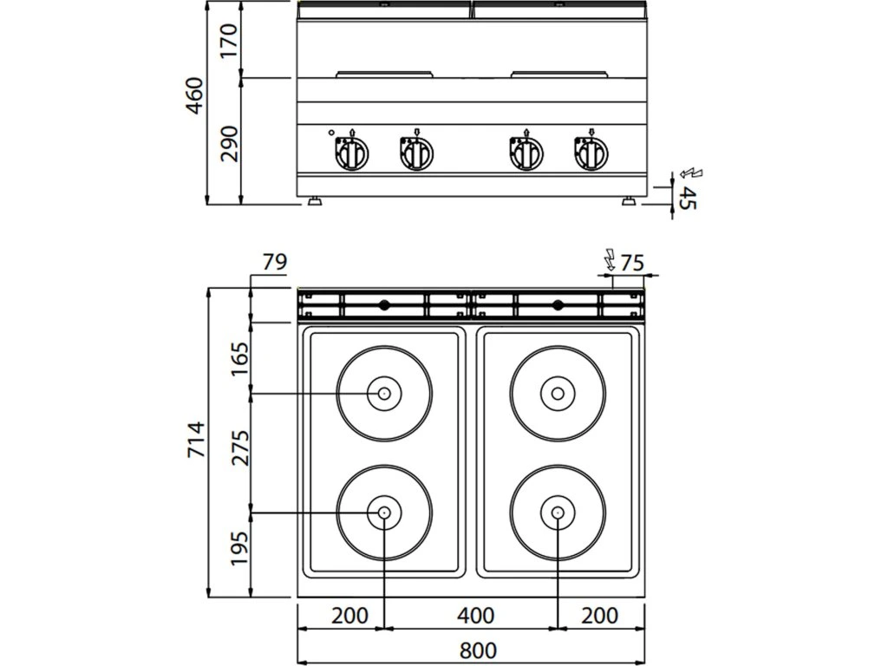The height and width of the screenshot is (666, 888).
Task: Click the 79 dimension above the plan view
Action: coord(274,262)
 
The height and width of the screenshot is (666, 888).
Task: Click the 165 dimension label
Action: coord(240,358)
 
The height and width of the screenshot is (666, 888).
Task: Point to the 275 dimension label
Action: coord(240,447)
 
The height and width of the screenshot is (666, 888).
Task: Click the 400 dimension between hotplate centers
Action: coord(475,616)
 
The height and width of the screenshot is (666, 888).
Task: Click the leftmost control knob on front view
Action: coord(351,154)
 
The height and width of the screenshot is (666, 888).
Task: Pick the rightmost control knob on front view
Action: coord(591,154)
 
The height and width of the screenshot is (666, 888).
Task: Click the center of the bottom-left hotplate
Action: coord(383,513)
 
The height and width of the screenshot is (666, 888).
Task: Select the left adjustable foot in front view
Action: coord(314,203)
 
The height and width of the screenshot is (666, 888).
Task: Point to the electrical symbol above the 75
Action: coord(610,257)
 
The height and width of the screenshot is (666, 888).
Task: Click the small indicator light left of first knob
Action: coord(331,134)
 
